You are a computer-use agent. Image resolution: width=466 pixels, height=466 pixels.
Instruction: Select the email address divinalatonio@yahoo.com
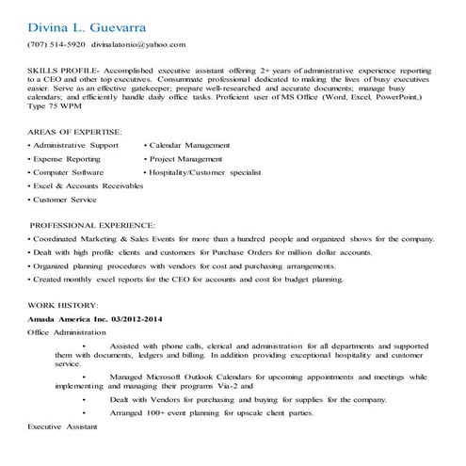pyautogui.click(x=138, y=44)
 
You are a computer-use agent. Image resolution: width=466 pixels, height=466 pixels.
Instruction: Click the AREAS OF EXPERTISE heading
pyautogui.click(x=75, y=132)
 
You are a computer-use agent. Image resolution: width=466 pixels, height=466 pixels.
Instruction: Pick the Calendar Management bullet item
pyautogui.click(x=189, y=146)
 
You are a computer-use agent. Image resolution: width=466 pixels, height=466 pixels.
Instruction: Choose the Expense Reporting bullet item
pyautogui.click(x=69, y=160)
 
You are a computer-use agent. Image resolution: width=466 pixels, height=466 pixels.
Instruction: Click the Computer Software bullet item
pyautogui.click(x=70, y=173)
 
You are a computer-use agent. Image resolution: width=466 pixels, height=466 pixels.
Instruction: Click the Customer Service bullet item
pyautogui.click(x=65, y=201)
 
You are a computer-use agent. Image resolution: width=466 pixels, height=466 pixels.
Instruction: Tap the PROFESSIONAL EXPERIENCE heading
pyautogui.click(x=93, y=226)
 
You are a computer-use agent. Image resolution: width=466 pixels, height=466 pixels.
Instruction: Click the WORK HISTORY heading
pyautogui.click(x=62, y=306)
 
